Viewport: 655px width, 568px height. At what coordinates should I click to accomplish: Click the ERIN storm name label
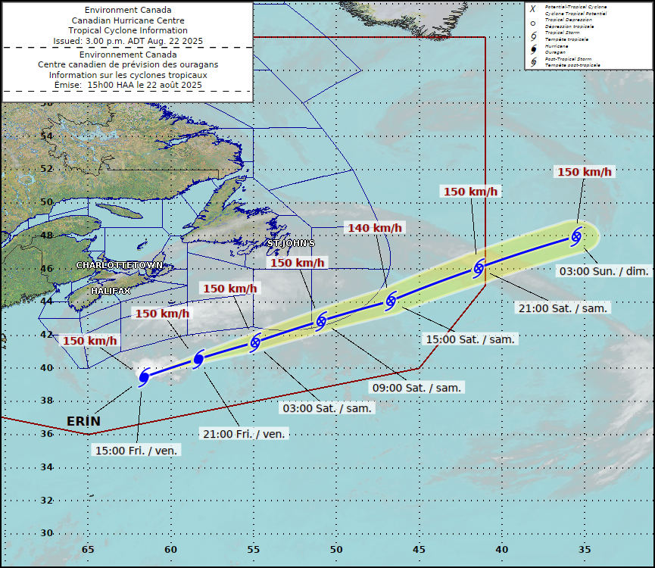83,421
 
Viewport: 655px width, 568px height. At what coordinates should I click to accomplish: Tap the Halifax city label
111,291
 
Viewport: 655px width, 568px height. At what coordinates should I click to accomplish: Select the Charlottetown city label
120,266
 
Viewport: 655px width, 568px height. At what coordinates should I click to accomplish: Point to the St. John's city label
291,243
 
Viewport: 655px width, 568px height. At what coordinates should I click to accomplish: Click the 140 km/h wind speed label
375,228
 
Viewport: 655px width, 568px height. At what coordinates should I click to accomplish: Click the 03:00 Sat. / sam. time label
327,408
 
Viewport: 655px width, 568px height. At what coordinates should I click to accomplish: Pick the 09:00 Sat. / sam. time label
416,387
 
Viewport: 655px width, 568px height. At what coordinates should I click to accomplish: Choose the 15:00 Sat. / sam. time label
470,339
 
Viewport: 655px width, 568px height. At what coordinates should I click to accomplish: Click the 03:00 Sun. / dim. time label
602,271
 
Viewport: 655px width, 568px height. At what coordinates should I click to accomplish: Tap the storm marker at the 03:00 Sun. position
576,236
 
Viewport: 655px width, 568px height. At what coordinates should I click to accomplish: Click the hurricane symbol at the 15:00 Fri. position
144,376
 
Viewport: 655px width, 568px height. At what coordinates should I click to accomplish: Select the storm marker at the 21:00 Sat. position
479,267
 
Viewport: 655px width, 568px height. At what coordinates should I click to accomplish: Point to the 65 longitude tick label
88,550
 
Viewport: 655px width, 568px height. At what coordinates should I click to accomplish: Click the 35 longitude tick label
584,550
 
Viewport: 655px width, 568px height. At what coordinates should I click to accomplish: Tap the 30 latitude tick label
47,533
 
